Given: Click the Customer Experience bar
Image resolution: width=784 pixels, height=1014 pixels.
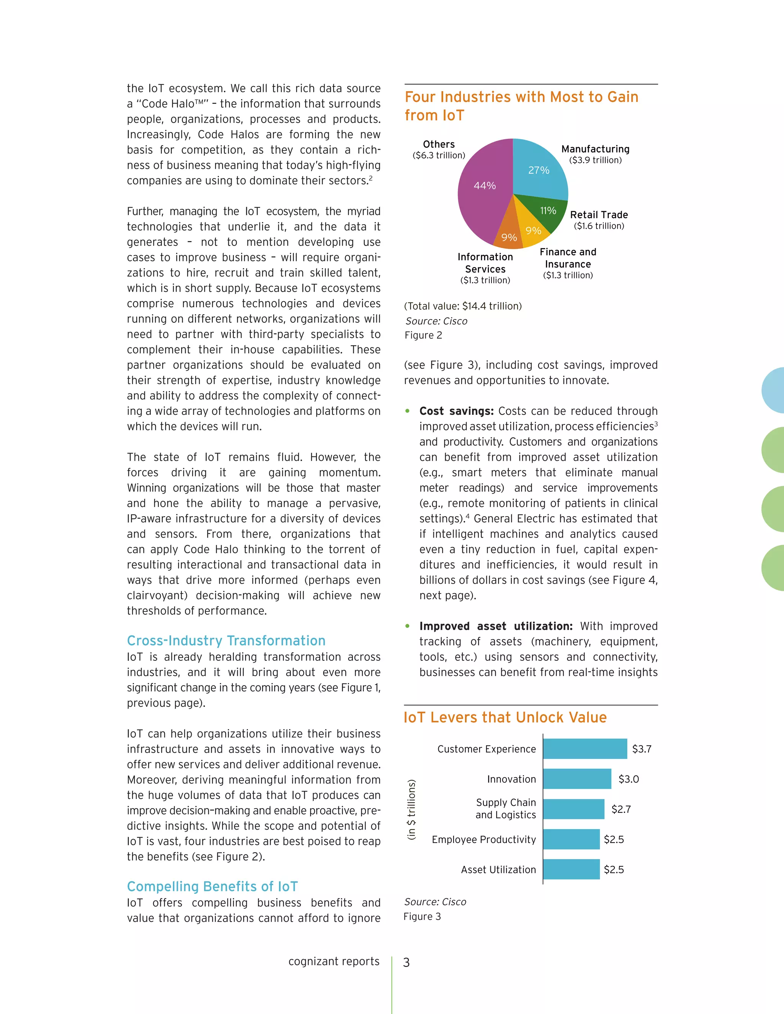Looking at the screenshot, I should coord(585,749).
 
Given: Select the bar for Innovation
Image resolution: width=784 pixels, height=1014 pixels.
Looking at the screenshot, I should coord(577,779).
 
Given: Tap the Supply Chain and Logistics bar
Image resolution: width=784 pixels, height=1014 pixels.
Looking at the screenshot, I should coord(573,809).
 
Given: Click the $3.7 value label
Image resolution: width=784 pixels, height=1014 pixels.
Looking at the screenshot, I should coord(642,749).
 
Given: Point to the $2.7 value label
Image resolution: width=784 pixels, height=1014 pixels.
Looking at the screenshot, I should coord(621,809).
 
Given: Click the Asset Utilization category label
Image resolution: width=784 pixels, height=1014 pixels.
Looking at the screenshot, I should coord(498,870).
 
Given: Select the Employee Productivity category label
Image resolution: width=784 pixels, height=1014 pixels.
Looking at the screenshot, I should coord(483,840).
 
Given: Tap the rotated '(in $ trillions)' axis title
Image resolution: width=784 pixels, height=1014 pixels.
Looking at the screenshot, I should coord(412,809).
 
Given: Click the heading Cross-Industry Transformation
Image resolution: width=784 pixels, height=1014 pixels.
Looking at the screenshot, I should coord(226,641).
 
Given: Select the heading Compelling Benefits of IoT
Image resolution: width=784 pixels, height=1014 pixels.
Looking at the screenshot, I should coord(212,886).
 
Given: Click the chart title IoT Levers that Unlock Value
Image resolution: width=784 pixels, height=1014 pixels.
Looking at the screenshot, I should coord(505,717).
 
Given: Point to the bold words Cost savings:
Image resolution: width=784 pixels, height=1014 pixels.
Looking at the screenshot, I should coord(456,411).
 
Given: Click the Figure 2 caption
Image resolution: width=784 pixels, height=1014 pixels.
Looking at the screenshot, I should coord(423,335).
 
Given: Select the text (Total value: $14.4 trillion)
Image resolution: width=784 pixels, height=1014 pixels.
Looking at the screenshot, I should coord(462,306).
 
